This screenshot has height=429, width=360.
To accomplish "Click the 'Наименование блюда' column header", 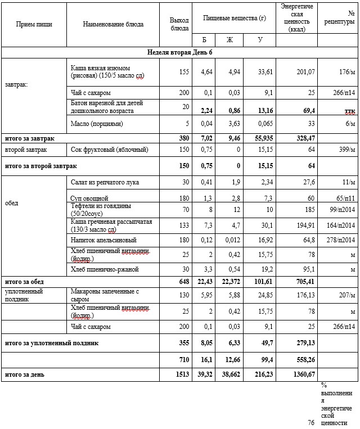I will pos(113,24).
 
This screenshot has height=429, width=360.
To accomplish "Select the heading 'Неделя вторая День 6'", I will pos(179,52).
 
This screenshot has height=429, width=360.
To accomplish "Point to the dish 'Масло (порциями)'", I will pos(96,123).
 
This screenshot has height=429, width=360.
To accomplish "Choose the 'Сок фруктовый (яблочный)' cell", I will pos(109,150).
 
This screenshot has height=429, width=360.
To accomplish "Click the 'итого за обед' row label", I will pos(24,282).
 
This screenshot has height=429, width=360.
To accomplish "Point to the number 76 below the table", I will pos(311,422).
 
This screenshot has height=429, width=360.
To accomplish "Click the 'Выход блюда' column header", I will pos(179,24).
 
